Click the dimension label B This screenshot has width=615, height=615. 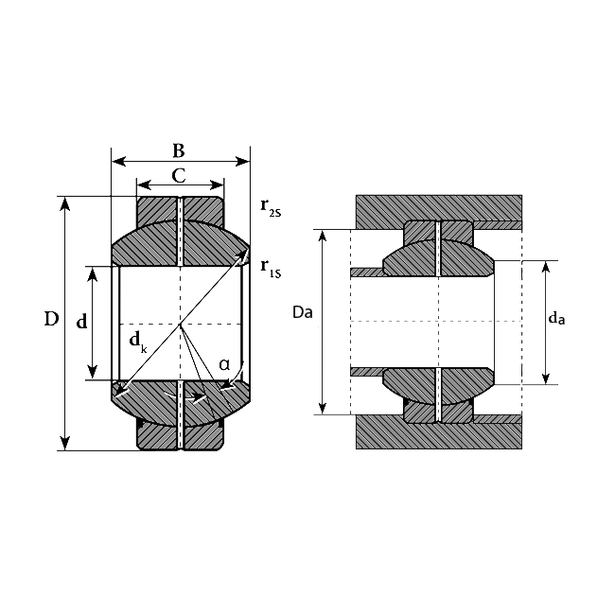[x=179, y=150]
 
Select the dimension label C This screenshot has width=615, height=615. [x=179, y=176]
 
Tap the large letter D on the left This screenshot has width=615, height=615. [x=51, y=319]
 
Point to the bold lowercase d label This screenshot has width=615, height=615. [x=81, y=322]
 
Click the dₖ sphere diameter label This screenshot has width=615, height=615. [x=138, y=342]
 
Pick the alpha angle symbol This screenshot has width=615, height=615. [x=224, y=365]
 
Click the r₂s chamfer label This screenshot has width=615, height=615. [x=271, y=208]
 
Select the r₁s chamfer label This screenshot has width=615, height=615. [x=271, y=270]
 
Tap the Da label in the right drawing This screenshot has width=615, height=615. [x=303, y=312]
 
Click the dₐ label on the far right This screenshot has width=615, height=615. [x=556, y=318]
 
